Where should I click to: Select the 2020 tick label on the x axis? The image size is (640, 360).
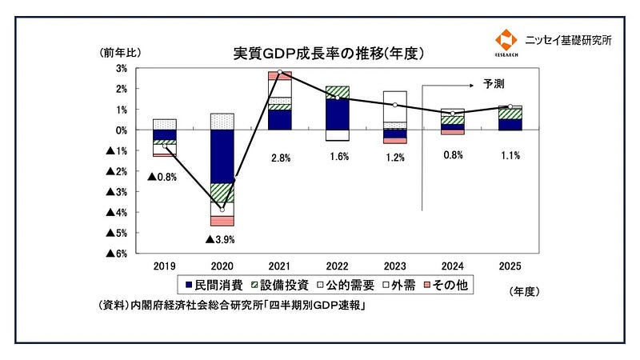click(222, 265)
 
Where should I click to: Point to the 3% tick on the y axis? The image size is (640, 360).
click(122, 68)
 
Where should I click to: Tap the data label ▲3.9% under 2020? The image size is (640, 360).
click(220, 239)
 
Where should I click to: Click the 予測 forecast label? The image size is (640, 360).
click(494, 83)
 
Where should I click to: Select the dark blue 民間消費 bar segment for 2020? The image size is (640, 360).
click(222, 156)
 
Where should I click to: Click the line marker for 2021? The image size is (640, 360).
click(279, 73)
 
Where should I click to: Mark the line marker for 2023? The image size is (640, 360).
click(394, 105)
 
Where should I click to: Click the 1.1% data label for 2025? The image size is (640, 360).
click(510, 155)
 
